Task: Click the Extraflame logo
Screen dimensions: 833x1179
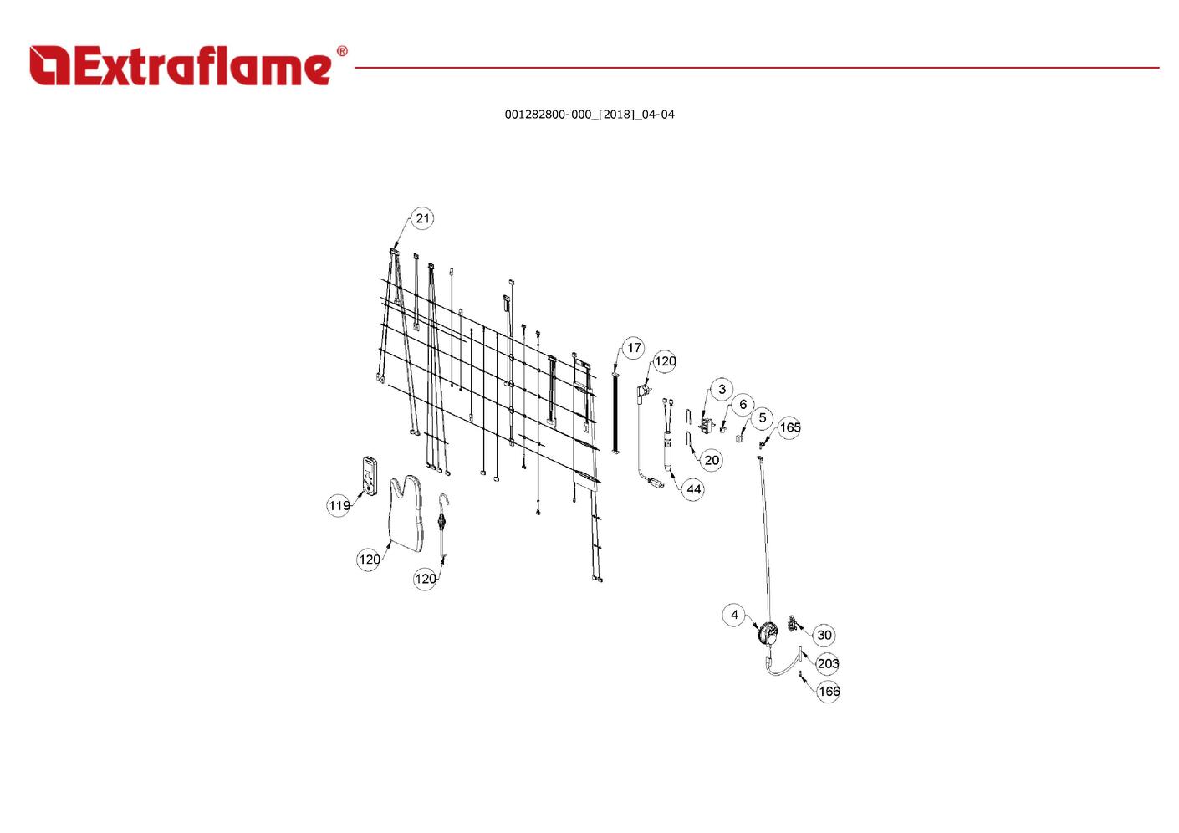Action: (181, 66)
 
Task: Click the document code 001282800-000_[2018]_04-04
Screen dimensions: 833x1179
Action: (589, 115)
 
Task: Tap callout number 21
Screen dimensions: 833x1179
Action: (423, 219)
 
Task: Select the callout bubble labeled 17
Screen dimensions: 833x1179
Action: (634, 348)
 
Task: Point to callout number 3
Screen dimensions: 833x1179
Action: (722, 390)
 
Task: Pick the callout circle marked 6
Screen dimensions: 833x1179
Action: (743, 405)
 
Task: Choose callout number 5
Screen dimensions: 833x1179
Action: (762, 418)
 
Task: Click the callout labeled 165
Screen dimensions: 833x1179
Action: (789, 428)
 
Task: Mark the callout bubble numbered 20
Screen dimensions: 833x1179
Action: (712, 460)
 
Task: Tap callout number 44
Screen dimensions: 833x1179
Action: (694, 489)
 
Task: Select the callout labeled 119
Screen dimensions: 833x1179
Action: (339, 505)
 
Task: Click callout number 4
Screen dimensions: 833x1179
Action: (734, 615)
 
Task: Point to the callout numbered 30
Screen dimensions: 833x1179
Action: (824, 635)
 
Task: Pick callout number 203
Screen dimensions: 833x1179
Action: (828, 663)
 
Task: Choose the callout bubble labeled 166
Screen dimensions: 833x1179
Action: (829, 691)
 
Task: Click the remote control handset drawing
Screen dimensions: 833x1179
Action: (370, 476)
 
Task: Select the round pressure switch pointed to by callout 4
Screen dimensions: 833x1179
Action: (767, 634)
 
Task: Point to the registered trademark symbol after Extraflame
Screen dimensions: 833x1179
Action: (341, 52)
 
